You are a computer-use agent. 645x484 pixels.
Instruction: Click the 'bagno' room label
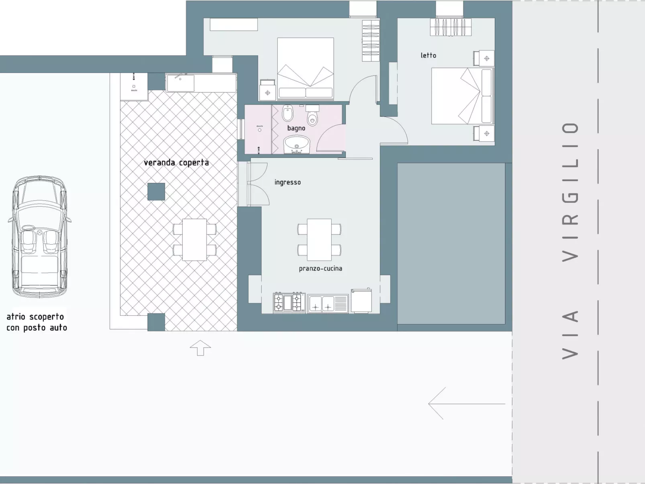[x=296, y=128]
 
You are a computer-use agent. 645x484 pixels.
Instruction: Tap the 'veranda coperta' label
[x=176, y=163]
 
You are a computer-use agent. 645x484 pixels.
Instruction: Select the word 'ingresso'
[x=287, y=182]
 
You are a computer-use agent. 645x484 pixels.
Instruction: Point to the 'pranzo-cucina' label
[x=320, y=268]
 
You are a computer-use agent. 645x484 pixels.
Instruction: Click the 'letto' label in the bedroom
[x=428, y=55]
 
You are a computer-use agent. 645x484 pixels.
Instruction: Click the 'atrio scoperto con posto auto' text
[x=37, y=322]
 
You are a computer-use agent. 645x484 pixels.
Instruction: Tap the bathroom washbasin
[x=297, y=144]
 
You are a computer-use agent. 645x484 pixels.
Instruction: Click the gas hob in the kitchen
[x=289, y=303]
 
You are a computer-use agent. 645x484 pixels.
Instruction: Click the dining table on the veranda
[x=194, y=239]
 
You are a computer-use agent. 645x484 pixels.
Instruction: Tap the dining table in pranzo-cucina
[x=319, y=239]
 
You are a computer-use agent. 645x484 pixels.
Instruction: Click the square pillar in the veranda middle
[x=156, y=192]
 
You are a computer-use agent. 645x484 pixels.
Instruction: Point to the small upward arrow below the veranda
[x=200, y=347]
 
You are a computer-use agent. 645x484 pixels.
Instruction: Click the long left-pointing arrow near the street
[x=466, y=403]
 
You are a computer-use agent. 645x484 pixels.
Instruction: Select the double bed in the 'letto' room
[x=462, y=96]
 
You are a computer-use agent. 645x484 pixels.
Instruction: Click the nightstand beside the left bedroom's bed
[x=267, y=90]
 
